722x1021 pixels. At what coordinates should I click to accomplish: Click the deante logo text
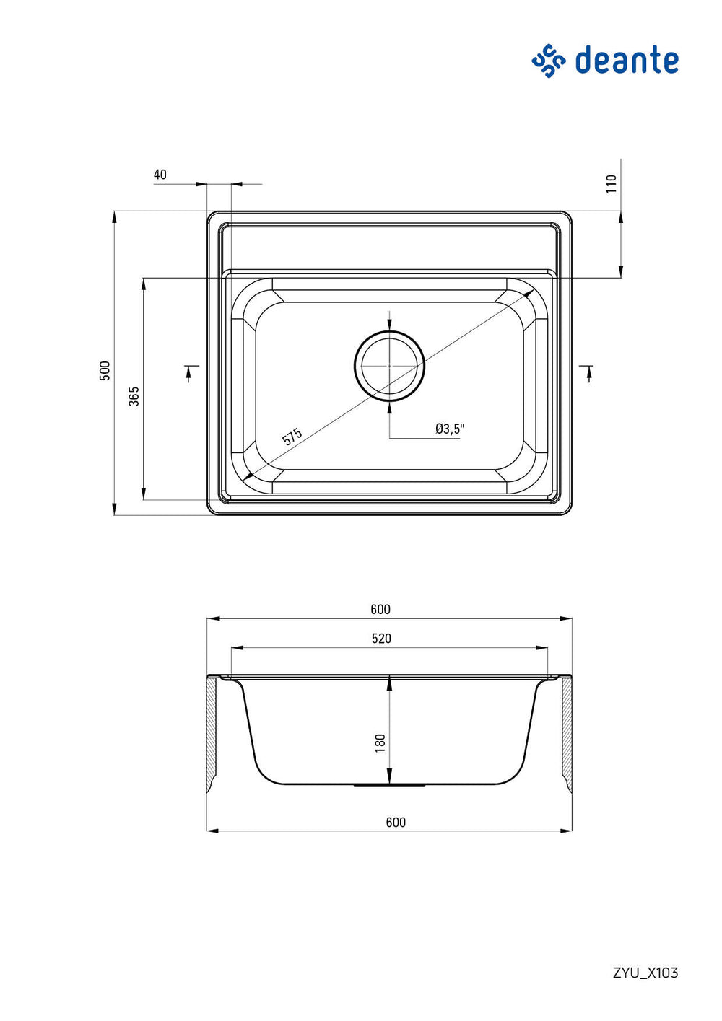pos(627,59)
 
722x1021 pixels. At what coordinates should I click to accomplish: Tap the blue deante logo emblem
pos(549,61)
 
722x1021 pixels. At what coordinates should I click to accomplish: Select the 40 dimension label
pos(160,174)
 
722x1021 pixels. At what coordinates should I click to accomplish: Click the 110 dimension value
pos(611,184)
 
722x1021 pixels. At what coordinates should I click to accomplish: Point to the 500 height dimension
pos(105,371)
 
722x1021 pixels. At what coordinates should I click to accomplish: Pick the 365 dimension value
pos(134,395)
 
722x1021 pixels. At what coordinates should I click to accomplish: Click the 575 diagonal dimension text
pos(292,437)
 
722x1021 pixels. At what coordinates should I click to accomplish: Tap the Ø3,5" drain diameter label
pos(449,429)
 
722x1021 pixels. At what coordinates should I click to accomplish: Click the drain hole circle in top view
pos(389,331)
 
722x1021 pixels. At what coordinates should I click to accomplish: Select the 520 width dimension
pos(381,638)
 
